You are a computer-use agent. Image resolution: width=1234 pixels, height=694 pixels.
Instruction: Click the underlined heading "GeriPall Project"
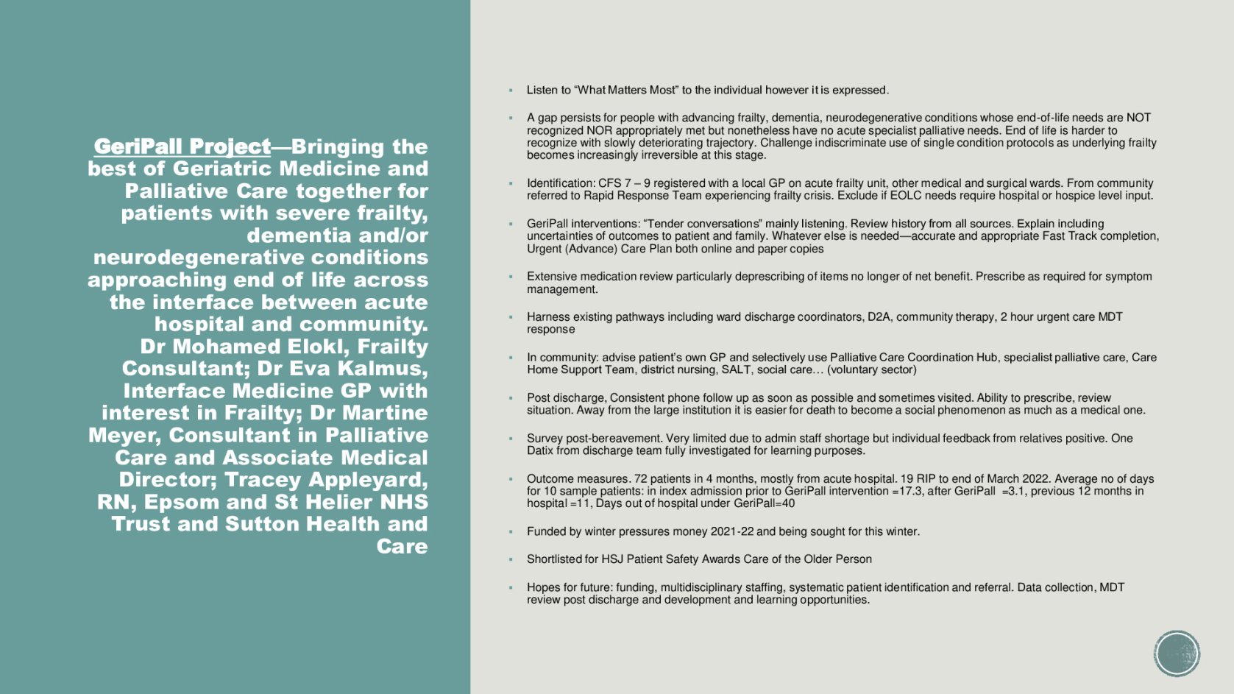point(182,147)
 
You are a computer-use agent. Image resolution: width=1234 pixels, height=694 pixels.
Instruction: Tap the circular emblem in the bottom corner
point(1177,653)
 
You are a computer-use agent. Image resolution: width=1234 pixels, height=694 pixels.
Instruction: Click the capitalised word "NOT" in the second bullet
point(1138,118)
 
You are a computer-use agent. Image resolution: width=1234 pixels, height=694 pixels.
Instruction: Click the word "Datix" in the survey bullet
point(540,451)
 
